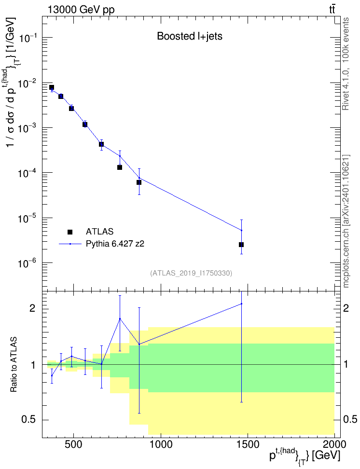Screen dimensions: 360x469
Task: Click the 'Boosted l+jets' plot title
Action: pos(190,36)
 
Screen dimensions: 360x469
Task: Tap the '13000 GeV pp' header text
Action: pos(81,10)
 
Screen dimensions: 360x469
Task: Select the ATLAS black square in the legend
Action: pos(70,232)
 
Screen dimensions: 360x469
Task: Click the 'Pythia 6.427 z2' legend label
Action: pos(115,244)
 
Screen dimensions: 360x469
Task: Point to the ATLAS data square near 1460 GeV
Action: pos(241,245)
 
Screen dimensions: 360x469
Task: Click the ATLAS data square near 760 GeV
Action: pos(120,167)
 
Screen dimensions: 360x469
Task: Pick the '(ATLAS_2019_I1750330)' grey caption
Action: pos(191,273)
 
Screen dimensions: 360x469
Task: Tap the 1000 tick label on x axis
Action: pos(161,444)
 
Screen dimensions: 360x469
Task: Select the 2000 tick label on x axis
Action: pos(334,444)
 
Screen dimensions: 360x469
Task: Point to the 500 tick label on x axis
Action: pos(73,444)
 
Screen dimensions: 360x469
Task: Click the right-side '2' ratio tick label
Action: pos(346,308)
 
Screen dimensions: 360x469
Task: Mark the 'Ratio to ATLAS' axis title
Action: pos(14,365)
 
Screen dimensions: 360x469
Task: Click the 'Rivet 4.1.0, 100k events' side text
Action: pos(346,64)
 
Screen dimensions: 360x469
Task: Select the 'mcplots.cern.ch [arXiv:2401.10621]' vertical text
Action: pos(346,221)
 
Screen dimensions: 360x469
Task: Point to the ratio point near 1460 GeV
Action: pos(241,304)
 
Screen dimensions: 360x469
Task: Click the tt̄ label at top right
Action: pos(332,10)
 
